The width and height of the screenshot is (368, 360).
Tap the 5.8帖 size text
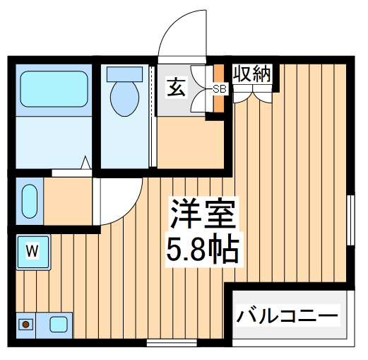[x=201, y=248]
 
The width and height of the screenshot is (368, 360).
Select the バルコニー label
[x=287, y=314]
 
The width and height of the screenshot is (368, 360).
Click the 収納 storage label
[x=252, y=74]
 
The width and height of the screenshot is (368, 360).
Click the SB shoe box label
[x=220, y=88]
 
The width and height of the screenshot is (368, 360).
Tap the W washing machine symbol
[x=32, y=250]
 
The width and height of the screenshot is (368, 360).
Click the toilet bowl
[x=124, y=98]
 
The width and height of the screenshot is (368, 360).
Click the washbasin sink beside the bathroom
[x=29, y=200]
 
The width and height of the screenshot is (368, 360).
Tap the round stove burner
[x=27, y=325]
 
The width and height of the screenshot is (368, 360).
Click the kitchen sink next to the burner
[x=59, y=325]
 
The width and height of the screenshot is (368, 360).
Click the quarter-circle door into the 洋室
[x=120, y=202]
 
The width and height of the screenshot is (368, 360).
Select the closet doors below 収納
[x=252, y=94]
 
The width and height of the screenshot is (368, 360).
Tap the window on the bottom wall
[x=171, y=343]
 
